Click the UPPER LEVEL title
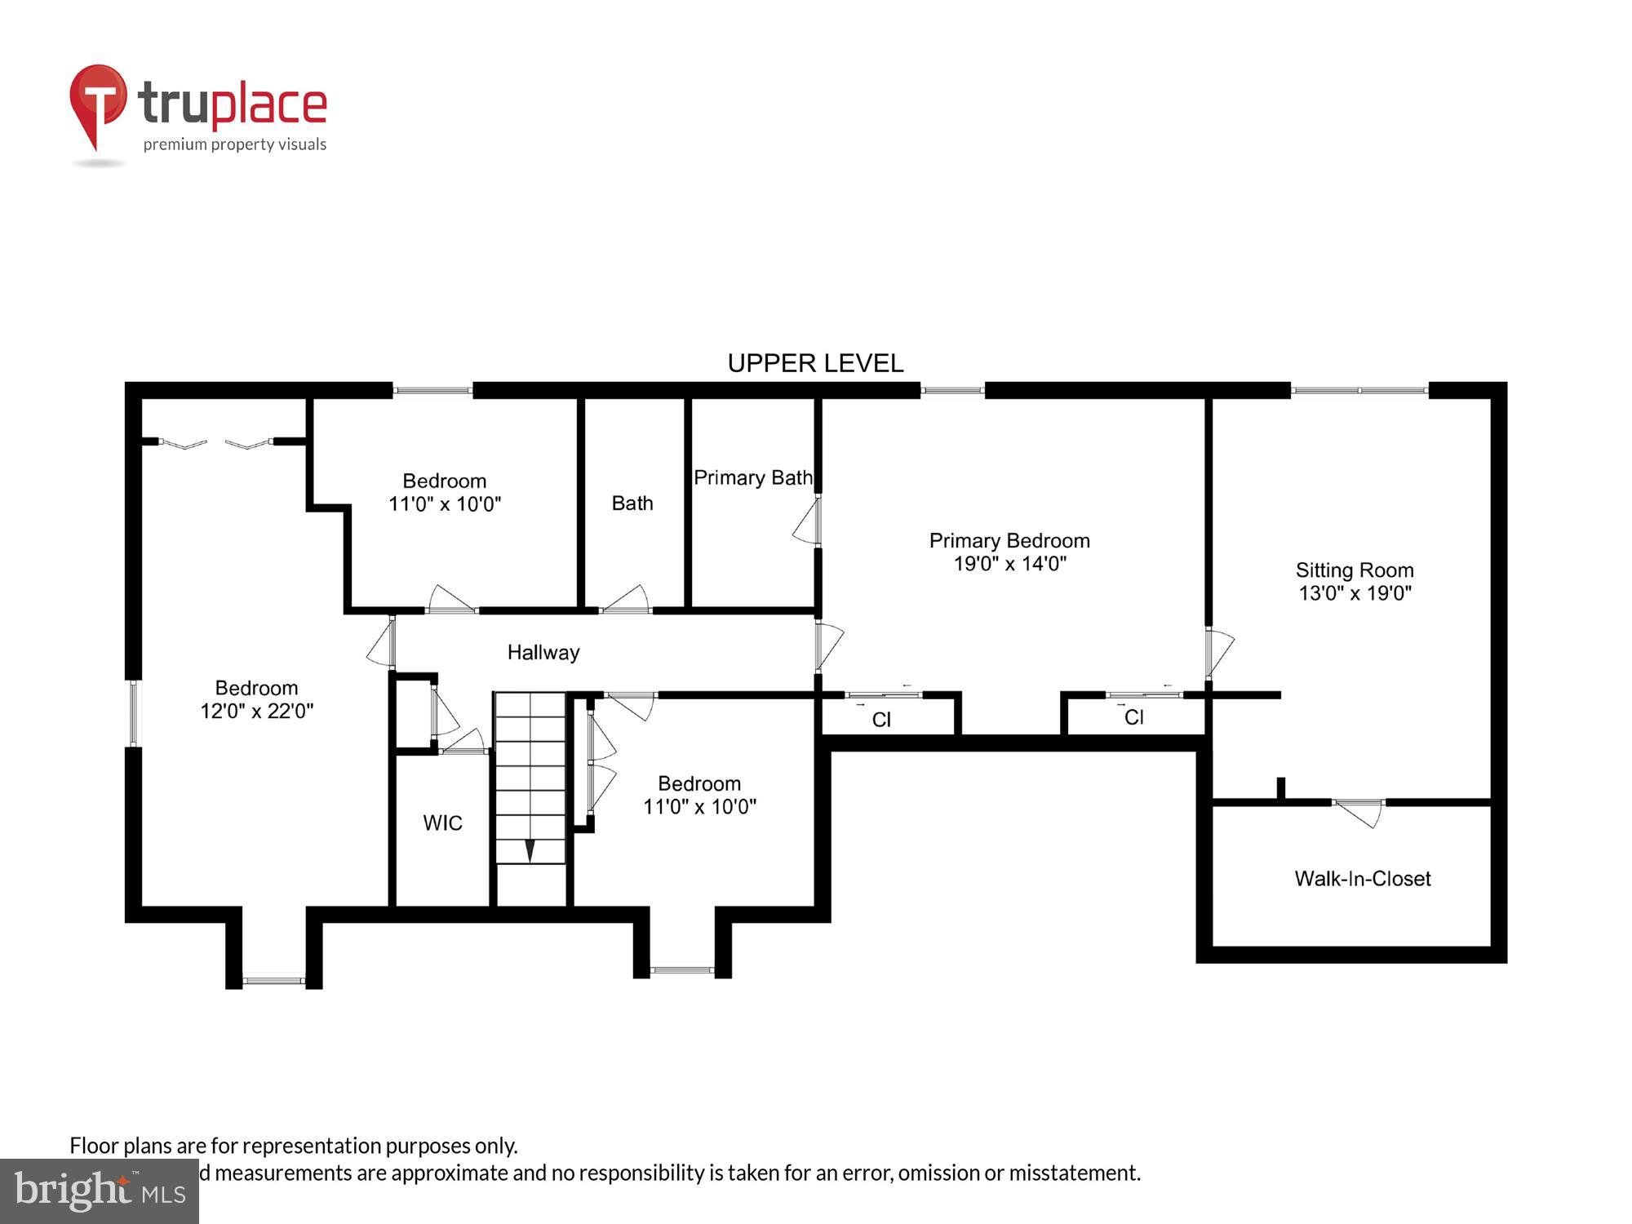[x=815, y=363]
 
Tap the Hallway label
[x=543, y=652]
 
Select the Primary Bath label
[x=752, y=477]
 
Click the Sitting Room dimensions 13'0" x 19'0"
[x=1355, y=593]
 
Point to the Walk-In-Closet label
[x=1362, y=879]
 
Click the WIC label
[x=442, y=823]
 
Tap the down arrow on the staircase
[x=530, y=850]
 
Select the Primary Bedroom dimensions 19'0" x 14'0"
[x=1009, y=564]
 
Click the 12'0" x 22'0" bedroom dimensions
[x=256, y=712]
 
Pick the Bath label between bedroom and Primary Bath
[x=632, y=503]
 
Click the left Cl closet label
[x=881, y=720]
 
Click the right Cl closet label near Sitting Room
[x=1133, y=717]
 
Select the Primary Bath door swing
[x=807, y=522]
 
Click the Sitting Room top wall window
[x=1359, y=391]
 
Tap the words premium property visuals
[x=234, y=145]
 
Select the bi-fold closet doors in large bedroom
[x=215, y=444]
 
